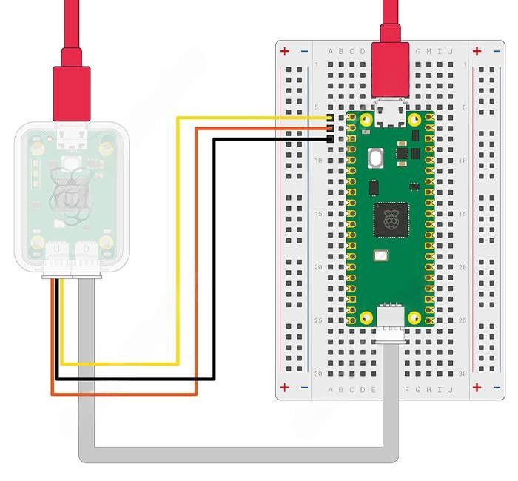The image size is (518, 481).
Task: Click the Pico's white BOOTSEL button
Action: tap(375, 158)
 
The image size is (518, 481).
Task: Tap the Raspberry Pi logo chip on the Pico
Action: tap(390, 220)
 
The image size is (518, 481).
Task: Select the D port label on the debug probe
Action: tap(87, 251)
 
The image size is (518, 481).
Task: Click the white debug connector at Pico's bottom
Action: tap(390, 323)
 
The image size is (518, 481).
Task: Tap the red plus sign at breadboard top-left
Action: tap(285, 51)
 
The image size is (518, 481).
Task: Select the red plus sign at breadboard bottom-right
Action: tap(477, 387)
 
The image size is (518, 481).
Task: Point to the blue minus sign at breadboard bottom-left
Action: tap(304, 387)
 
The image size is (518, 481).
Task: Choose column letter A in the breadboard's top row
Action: tap(330, 51)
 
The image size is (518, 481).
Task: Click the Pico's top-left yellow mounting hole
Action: tap(366, 119)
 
